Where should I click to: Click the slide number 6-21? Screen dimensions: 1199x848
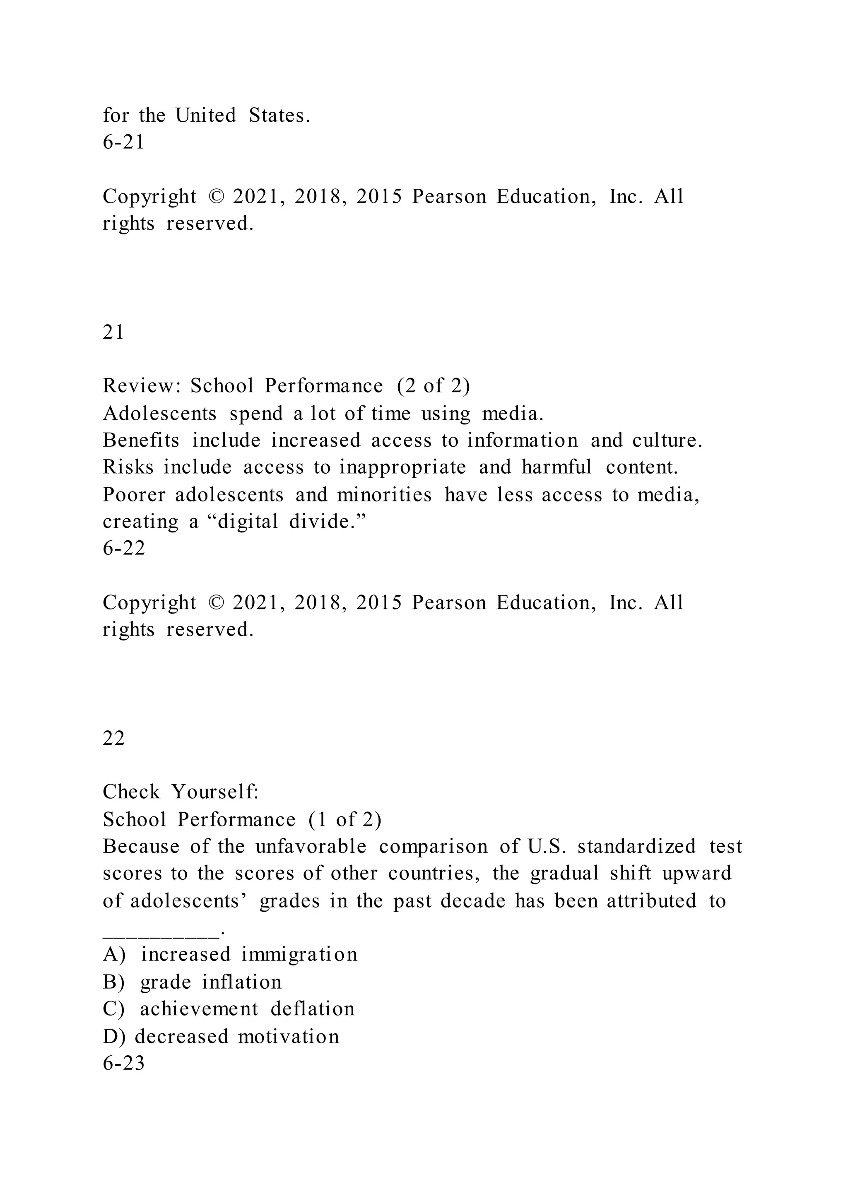click(123, 142)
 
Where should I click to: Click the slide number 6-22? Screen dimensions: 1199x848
click(124, 548)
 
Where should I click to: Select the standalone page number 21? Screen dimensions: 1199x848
click(113, 332)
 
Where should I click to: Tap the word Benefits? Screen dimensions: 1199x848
click(141, 440)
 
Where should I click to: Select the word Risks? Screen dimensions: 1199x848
click(128, 467)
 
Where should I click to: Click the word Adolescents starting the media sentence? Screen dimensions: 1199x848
click(159, 414)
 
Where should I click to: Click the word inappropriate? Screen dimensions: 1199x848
click(402, 467)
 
